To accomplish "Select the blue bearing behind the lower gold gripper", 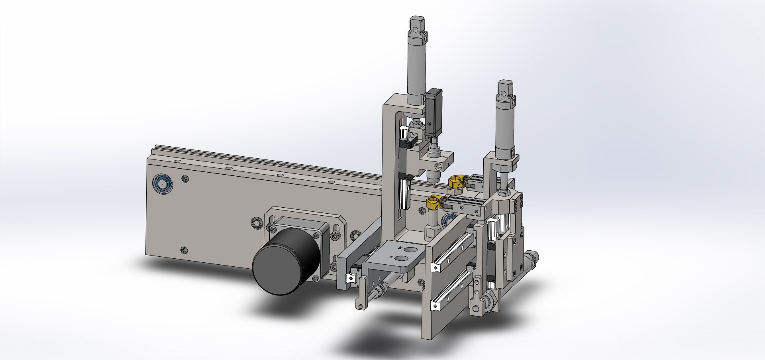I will pos(449,218).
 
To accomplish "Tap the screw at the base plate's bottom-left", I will pos(184,250).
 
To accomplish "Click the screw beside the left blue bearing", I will pos(184,179).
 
